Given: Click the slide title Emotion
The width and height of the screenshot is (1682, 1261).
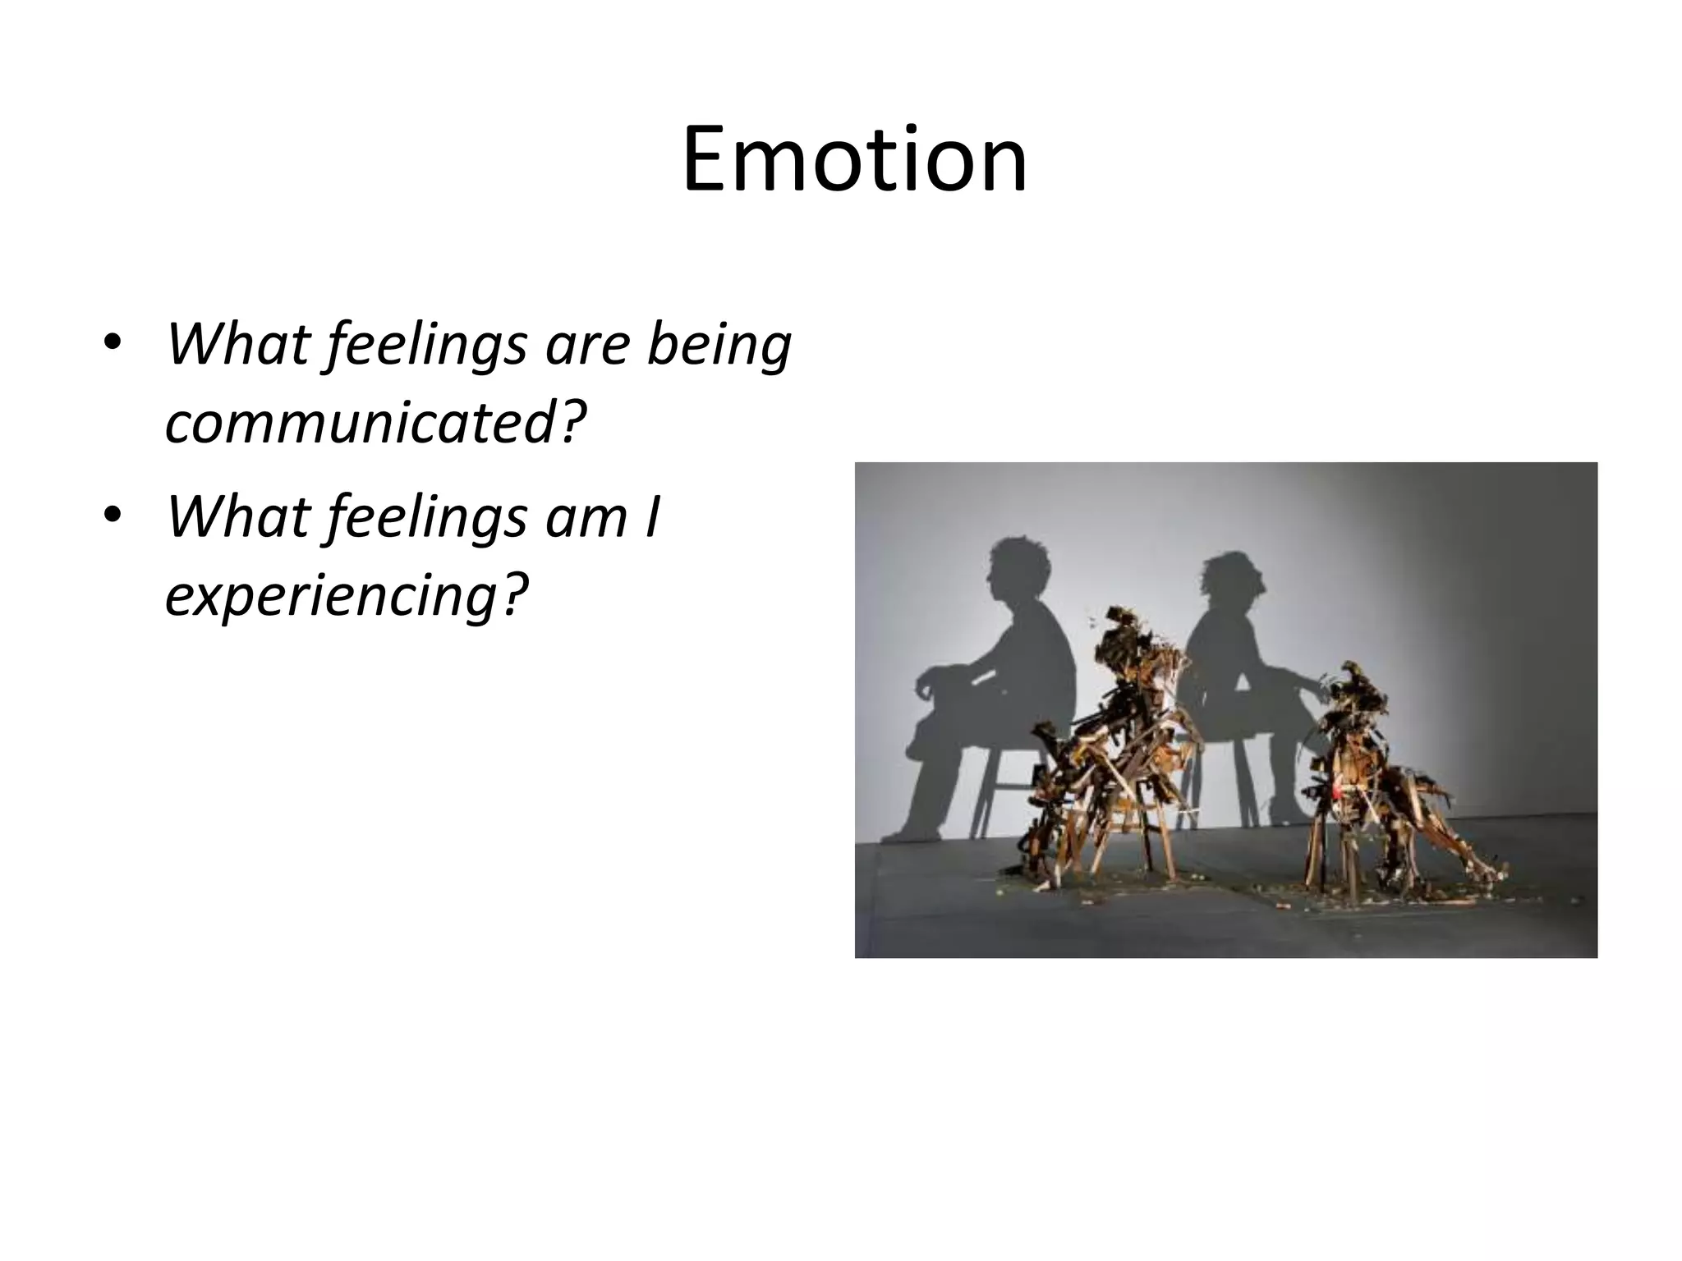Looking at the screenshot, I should tap(854, 159).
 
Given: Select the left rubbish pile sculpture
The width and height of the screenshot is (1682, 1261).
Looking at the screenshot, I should tap(1101, 755).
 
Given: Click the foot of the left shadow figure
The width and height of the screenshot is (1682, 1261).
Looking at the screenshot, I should tap(899, 833).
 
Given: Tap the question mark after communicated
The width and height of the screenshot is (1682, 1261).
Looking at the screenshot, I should tap(572, 424).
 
